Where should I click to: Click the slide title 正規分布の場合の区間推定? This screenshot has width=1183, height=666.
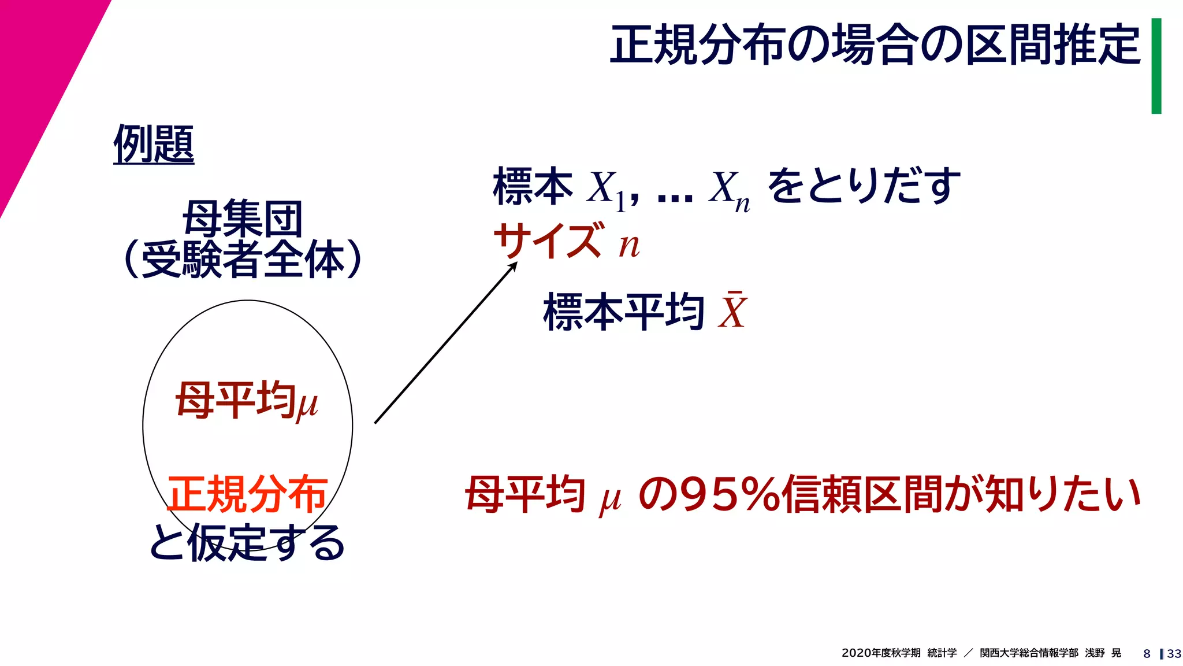875,45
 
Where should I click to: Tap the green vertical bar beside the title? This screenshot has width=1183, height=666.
1156,66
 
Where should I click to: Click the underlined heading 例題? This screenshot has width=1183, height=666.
154,145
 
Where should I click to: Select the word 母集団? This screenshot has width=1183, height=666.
243,219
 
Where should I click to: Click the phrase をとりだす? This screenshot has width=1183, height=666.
864,186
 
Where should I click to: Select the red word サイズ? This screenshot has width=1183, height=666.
548,242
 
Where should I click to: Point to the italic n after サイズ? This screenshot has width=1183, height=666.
629,246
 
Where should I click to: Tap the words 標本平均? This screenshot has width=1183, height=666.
624,312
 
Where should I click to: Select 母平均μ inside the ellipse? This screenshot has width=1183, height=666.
247,401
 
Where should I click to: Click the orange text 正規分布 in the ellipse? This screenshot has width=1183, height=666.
247,494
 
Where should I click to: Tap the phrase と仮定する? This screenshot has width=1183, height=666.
247,543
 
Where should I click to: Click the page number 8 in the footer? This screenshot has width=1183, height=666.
1147,653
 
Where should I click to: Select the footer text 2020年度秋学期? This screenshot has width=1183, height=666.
881,653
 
